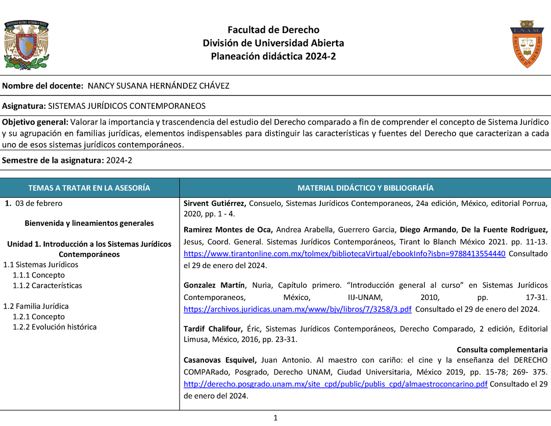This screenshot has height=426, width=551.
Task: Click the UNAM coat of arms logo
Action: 27,44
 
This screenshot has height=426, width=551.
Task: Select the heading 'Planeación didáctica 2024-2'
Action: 273,56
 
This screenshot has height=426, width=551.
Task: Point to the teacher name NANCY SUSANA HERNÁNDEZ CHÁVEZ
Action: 159,86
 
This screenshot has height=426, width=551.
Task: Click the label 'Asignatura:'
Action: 24,106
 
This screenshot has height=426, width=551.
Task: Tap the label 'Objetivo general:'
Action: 35,122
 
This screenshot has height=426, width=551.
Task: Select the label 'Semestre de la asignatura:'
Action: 53,160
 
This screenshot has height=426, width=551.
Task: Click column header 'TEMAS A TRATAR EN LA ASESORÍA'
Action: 89,188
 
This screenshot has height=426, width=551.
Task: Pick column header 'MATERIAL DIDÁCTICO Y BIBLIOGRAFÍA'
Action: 365,188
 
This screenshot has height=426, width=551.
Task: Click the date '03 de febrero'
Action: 39,203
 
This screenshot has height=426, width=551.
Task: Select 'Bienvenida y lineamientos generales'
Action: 89,223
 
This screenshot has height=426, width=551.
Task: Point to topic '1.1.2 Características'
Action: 47,286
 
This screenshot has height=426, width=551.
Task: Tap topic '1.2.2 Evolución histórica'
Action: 55,327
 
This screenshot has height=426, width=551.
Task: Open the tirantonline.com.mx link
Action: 344,254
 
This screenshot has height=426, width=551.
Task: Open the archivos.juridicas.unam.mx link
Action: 297,309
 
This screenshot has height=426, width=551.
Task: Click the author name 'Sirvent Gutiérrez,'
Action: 215,203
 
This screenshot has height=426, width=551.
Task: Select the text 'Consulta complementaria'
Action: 502,350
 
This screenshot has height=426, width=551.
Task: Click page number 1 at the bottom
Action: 275,418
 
